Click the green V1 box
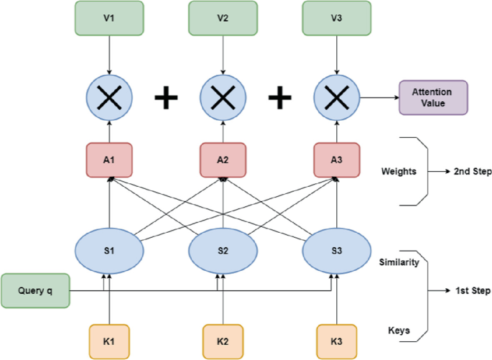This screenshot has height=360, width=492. pos(109,18)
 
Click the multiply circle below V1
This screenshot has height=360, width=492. pos(109,98)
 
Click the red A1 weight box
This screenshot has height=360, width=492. pos(109,161)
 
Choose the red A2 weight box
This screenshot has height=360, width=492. pos(223,161)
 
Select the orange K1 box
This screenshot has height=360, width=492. pos(109,341)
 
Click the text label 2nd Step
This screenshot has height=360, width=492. pos(473,172)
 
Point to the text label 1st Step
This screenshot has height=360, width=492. pos(472,291)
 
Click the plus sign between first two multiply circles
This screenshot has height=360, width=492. pos(167,98)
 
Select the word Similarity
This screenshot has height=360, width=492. pos(399,264)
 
